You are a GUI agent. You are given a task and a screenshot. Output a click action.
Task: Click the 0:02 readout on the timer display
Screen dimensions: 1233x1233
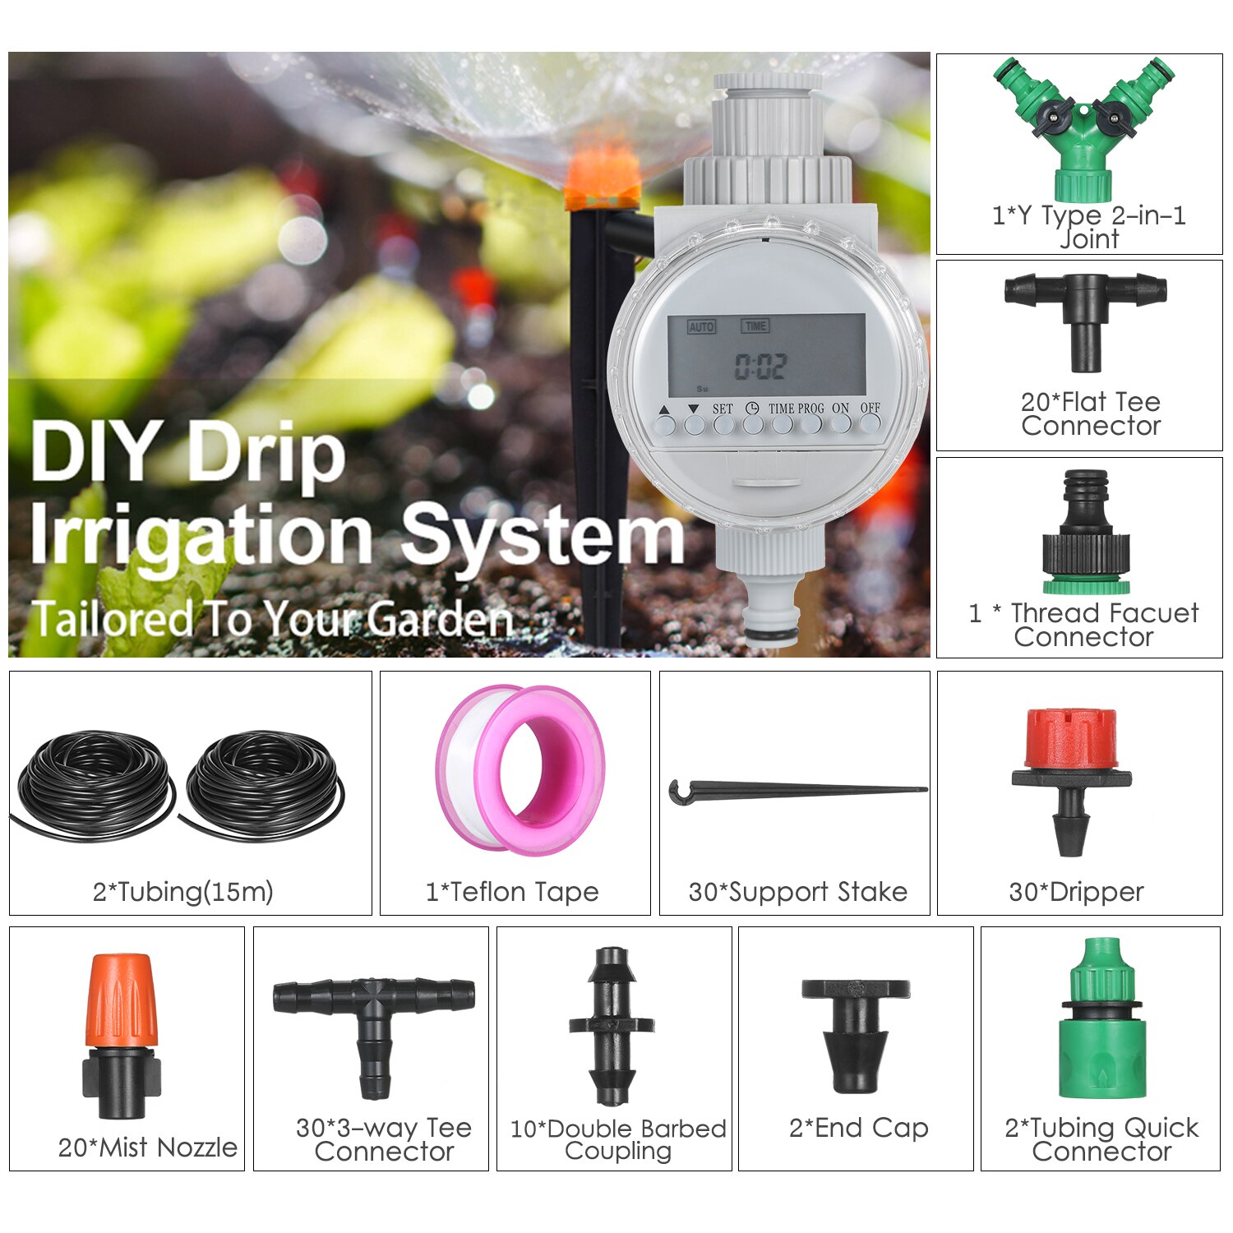coord(760,367)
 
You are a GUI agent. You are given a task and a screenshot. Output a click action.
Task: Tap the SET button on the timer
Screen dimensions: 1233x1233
coord(723,424)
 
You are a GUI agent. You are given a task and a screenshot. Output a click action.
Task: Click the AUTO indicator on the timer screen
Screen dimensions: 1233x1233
coord(701,327)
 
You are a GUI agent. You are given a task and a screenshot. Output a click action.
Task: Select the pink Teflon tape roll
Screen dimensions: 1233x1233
coord(520,770)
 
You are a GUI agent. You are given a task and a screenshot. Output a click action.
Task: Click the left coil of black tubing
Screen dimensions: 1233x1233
coord(95,785)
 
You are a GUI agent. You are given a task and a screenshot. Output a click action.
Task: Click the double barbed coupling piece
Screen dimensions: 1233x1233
coord(612,1026)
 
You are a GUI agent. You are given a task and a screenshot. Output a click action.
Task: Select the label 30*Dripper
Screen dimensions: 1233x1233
coord(1076,892)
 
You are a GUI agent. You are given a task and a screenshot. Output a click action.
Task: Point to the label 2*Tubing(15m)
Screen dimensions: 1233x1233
coord(182,892)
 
